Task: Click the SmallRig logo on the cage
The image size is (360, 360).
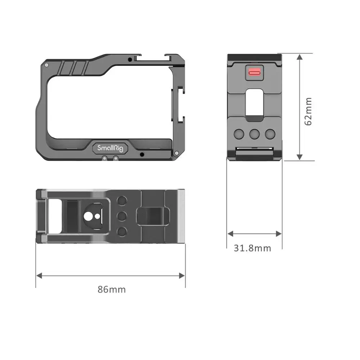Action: click(x=107, y=148)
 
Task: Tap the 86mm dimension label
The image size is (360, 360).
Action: click(x=112, y=289)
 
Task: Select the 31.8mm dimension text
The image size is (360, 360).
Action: click(x=252, y=248)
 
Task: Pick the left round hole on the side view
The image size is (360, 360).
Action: click(x=239, y=134)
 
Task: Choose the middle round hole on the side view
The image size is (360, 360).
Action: click(x=255, y=134)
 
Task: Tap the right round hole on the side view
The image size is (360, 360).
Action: click(x=270, y=134)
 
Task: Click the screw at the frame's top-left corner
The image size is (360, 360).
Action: click(x=46, y=65)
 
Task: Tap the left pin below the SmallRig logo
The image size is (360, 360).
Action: click(x=104, y=158)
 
